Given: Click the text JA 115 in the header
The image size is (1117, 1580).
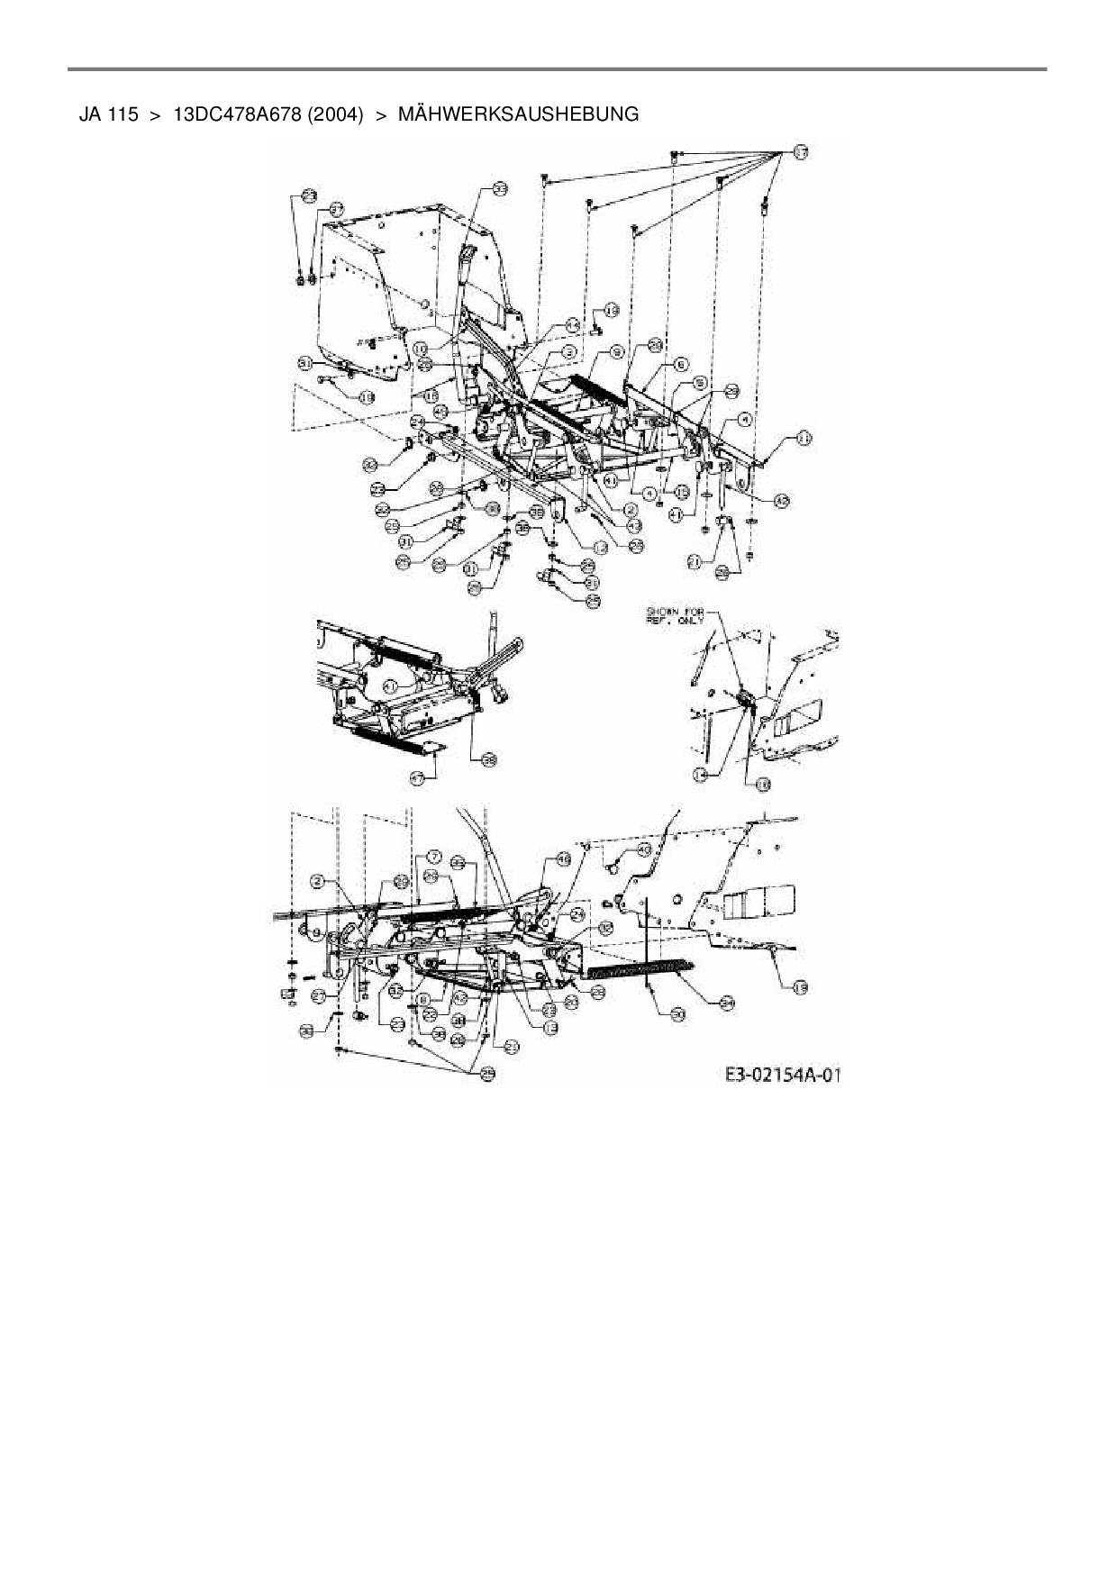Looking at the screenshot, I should click(108, 115).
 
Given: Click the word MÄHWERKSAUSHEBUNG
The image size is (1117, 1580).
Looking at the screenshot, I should click(518, 115).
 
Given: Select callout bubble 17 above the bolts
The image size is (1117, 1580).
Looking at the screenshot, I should click(800, 153).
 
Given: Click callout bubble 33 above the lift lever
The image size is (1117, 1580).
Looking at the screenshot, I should click(499, 188).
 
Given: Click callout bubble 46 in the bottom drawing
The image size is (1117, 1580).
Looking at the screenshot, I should click(564, 858).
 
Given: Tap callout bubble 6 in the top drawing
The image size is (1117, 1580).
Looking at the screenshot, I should click(681, 363).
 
